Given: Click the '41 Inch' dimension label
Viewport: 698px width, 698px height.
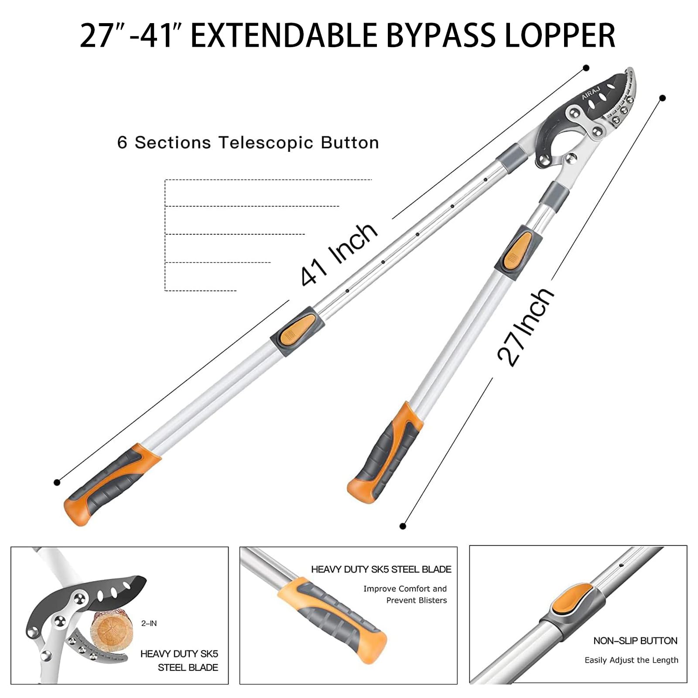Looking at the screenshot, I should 339,255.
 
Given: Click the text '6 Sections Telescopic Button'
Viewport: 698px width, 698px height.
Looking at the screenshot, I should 248,143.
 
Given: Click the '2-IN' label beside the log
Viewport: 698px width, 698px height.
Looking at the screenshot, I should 149,623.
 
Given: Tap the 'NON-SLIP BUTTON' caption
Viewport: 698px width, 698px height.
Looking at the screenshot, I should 635,641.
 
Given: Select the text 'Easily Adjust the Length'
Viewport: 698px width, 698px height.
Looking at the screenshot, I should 631,660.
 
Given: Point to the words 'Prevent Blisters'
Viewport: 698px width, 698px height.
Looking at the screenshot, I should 416,600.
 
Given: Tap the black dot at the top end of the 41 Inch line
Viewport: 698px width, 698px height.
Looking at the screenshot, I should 586,68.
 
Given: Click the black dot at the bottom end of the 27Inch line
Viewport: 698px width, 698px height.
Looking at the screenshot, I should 403,526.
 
